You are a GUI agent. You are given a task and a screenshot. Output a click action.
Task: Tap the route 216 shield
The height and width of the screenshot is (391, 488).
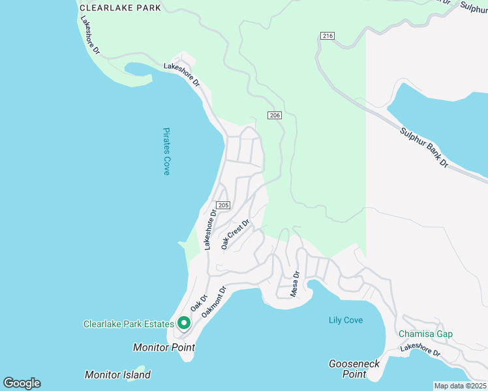(x=328, y=36)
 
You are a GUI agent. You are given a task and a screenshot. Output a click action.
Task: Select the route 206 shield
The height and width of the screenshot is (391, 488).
(x=274, y=115)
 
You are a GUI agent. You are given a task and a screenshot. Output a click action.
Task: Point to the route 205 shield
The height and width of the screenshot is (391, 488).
(x=222, y=205)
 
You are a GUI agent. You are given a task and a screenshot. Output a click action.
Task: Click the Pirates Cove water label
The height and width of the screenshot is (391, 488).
(x=166, y=151)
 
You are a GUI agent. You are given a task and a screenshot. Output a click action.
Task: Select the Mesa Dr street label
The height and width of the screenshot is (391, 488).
(x=294, y=284)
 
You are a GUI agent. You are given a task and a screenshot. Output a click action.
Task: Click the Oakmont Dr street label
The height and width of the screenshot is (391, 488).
(x=213, y=302)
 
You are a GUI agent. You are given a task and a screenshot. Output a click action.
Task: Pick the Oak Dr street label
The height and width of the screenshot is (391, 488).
(x=198, y=303)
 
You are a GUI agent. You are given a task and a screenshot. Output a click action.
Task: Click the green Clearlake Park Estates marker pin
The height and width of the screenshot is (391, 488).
(x=184, y=323)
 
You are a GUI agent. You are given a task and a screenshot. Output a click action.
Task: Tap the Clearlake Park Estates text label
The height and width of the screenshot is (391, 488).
(x=129, y=324)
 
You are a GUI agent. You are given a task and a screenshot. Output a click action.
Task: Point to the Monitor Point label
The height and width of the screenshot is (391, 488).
(x=164, y=347)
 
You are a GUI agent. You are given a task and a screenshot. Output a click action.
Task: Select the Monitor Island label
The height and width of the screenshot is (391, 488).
(x=117, y=375)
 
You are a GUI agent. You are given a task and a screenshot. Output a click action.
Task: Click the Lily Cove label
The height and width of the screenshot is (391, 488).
(x=346, y=320)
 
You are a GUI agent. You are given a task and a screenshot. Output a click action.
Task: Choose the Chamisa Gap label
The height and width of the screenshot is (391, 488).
(x=425, y=334)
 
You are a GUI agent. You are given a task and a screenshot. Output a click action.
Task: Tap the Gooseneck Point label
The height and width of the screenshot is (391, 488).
(x=355, y=369)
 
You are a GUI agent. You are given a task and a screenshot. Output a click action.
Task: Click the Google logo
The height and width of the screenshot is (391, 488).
(x=22, y=383)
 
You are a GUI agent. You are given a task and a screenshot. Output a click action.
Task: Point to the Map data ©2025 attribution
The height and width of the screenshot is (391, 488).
(x=460, y=386)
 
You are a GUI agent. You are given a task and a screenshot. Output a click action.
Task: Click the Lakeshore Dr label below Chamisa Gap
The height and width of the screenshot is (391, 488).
(x=420, y=351)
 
